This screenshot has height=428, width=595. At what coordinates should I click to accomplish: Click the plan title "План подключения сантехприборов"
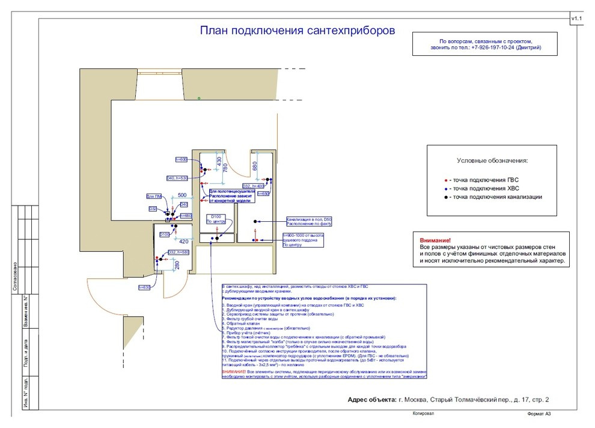[x=297, y=31]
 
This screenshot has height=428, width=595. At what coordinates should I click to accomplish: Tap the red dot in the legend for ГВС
[x=445, y=180]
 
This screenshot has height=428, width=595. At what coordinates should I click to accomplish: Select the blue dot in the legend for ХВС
[x=445, y=188]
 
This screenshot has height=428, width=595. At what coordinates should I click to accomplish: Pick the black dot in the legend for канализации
[x=445, y=197]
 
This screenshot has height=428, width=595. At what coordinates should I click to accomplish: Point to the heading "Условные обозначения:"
[x=492, y=161]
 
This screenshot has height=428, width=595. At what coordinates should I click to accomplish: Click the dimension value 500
[x=182, y=195]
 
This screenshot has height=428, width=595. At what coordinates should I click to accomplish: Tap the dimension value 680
[x=255, y=165]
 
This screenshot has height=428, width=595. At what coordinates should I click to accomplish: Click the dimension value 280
[x=177, y=265]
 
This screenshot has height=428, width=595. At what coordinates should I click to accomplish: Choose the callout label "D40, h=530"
[x=177, y=178]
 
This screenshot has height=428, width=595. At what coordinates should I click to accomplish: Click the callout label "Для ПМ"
[x=154, y=196]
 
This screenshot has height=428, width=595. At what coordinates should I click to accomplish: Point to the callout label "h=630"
[x=144, y=287]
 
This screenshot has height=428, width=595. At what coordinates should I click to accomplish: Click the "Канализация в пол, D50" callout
[x=309, y=220]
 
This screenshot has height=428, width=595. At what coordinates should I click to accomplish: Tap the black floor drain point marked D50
[x=255, y=222]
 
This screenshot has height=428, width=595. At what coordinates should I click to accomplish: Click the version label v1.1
[x=576, y=19]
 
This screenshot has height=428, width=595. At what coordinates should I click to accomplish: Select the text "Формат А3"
[x=539, y=414]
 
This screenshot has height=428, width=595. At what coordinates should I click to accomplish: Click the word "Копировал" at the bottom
[x=423, y=414]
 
